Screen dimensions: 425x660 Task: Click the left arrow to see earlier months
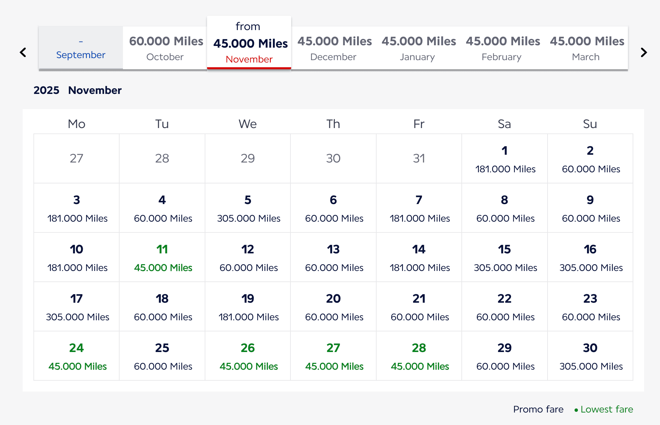(x=23, y=52)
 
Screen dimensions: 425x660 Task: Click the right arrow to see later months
(x=644, y=52)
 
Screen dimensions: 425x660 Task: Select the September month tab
(x=81, y=48)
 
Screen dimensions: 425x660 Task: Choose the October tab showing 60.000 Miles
(x=165, y=48)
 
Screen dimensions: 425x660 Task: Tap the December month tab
(x=334, y=48)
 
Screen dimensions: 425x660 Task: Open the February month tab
(x=502, y=48)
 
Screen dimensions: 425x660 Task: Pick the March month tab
(x=586, y=48)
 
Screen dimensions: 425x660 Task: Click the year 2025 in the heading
(x=46, y=90)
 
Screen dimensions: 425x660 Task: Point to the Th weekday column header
(x=333, y=124)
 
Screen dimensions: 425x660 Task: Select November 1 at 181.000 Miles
(x=505, y=159)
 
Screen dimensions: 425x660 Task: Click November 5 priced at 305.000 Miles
(x=248, y=208)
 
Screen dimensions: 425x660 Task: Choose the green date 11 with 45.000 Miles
(x=162, y=257)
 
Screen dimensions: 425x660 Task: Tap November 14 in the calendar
(x=419, y=257)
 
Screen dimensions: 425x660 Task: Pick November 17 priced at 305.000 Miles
(x=77, y=307)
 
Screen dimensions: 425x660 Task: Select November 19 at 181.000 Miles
(x=248, y=307)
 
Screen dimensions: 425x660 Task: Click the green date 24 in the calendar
(x=77, y=356)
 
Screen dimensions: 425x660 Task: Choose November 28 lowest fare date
(x=419, y=356)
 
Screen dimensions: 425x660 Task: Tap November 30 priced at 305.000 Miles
(x=590, y=356)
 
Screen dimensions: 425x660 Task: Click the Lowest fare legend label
(x=606, y=409)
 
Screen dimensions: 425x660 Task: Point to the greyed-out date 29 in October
(x=248, y=158)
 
